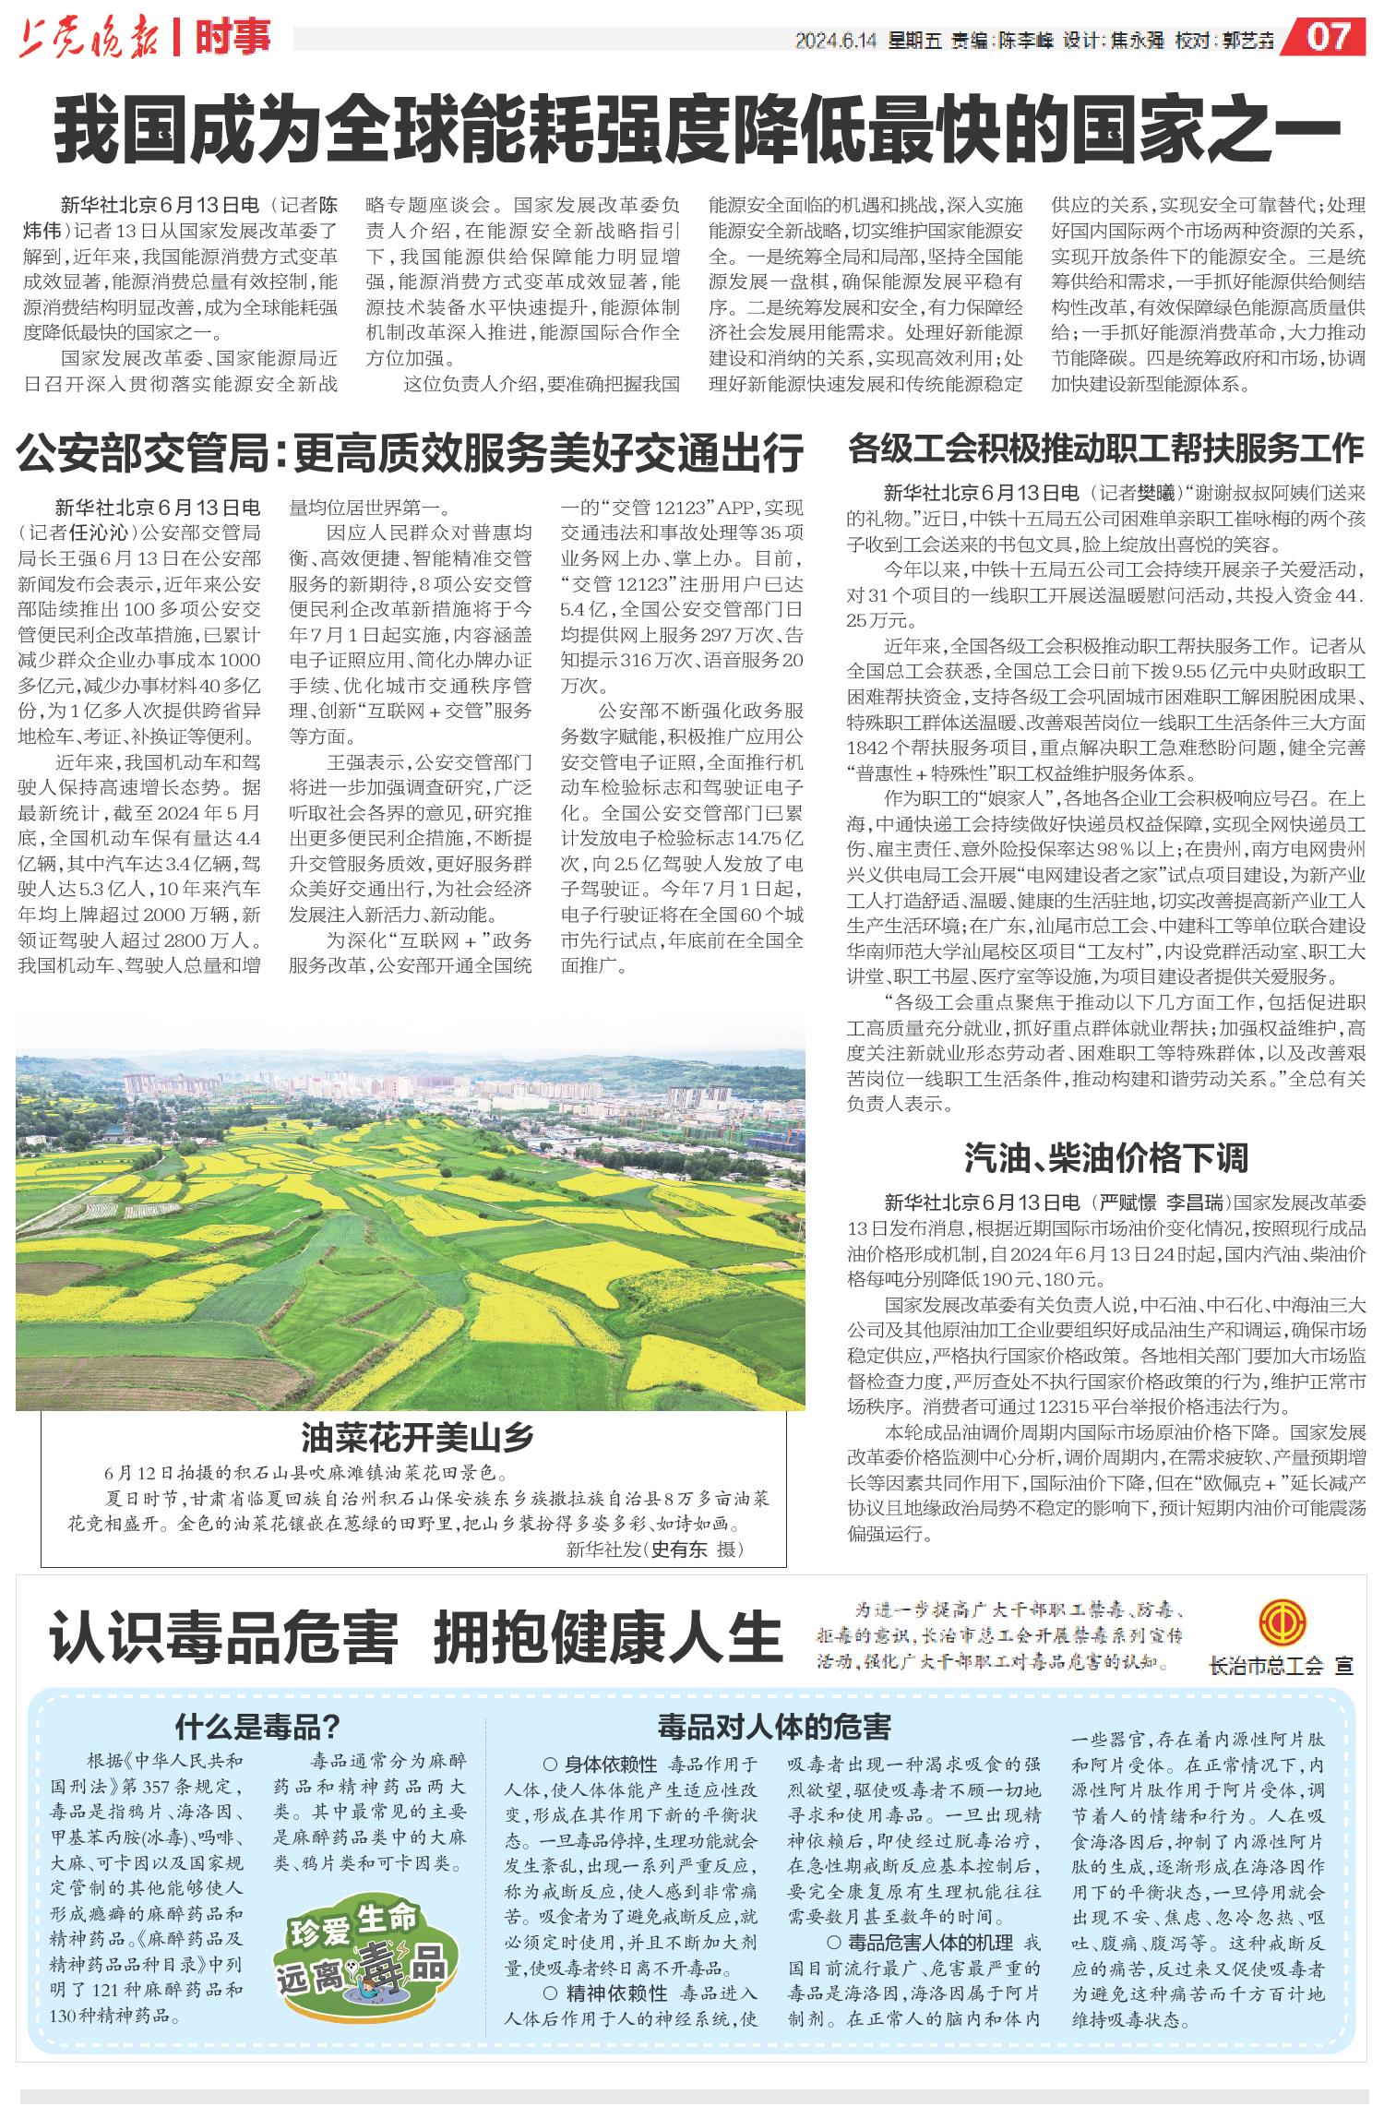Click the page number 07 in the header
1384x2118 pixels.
coord(1330,38)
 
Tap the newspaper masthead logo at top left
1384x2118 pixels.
coord(89,40)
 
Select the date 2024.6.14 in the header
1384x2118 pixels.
coord(835,42)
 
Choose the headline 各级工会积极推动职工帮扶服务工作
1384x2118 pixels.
coord(1105,449)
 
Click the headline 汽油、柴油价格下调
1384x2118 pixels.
coord(1105,1155)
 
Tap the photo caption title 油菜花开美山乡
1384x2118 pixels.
coord(417,1437)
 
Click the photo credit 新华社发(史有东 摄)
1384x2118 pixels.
coord(654,1549)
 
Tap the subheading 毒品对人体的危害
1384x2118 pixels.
coord(774,1725)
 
